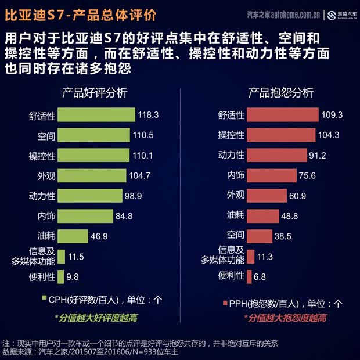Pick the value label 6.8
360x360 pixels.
[260, 276]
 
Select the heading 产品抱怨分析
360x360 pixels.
[281, 93]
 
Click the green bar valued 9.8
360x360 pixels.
[60, 276]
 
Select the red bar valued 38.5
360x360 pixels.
[260, 236]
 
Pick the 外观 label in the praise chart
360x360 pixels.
[46, 176]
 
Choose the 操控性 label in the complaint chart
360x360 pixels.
[231, 135]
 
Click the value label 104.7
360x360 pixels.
[140, 175]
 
